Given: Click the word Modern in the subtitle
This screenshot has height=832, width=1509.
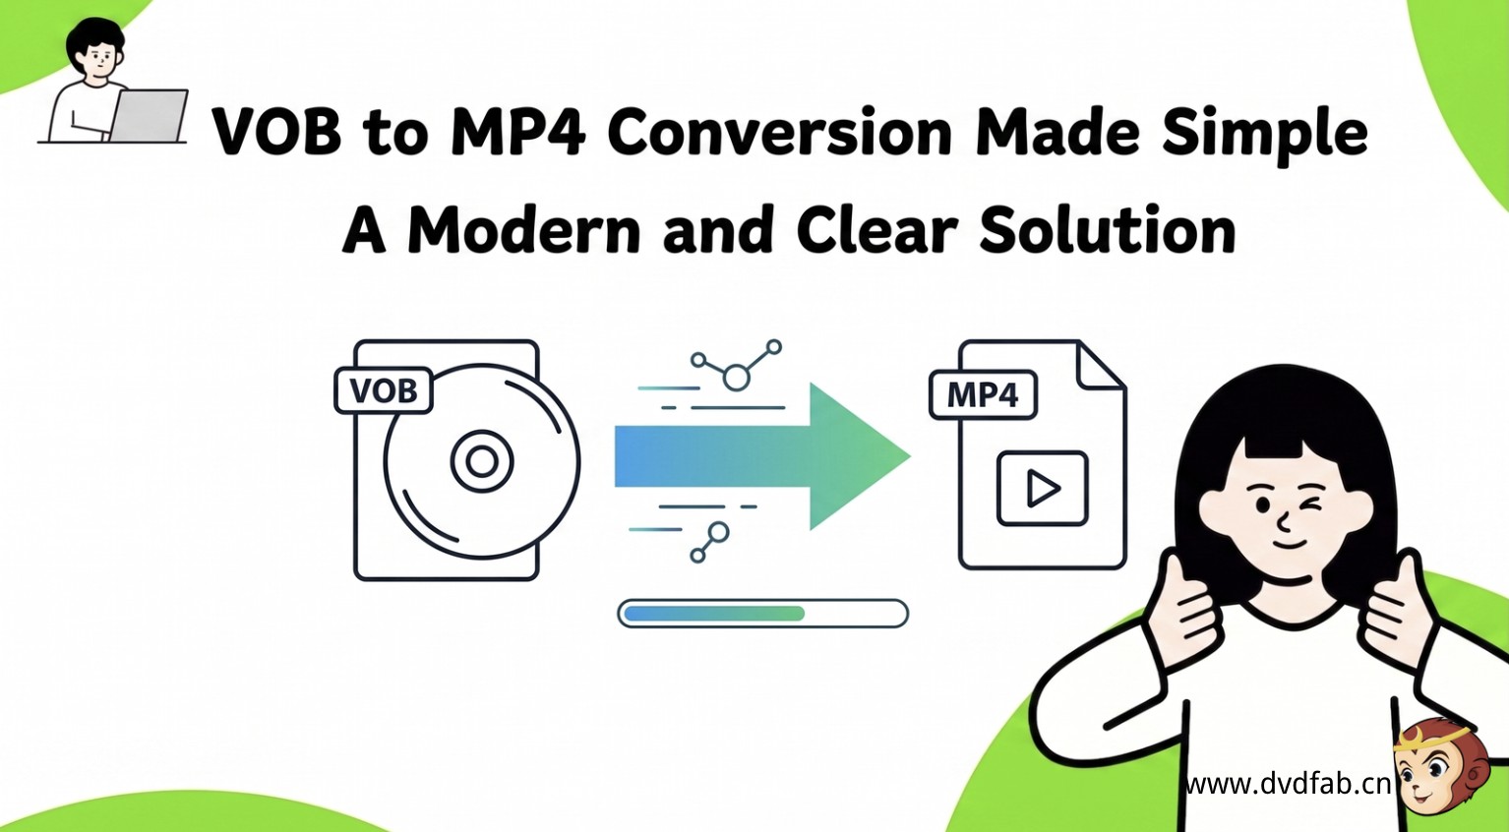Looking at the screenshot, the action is [x=523, y=229].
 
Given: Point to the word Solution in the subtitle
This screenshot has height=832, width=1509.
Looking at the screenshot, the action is [x=1107, y=229].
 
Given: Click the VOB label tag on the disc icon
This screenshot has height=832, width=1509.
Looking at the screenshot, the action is [x=384, y=390].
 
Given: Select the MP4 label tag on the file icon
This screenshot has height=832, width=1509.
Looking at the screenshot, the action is [x=983, y=394].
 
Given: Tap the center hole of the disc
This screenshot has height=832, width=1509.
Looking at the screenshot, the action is [x=482, y=461].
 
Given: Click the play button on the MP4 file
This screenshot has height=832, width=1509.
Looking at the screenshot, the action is [x=1042, y=489].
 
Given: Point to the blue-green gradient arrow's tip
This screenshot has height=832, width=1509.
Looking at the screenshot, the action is [x=910, y=456].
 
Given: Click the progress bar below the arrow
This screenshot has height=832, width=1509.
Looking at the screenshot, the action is [x=762, y=613].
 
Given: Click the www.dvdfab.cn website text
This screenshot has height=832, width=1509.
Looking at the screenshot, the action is [x=1288, y=784].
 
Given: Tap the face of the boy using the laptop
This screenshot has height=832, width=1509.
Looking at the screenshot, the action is [x=99, y=60].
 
